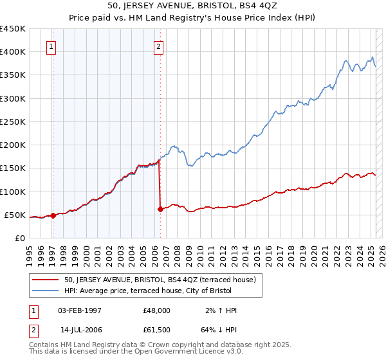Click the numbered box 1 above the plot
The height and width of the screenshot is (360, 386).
(51, 46)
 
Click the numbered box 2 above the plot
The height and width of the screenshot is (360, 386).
(158, 46)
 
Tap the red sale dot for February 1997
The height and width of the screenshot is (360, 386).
(53, 216)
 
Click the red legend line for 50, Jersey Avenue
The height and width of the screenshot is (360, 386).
(46, 280)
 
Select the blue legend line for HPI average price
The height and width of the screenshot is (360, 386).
(46, 291)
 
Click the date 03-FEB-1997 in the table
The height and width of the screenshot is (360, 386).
(80, 310)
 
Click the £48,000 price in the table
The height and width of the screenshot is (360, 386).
(156, 310)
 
